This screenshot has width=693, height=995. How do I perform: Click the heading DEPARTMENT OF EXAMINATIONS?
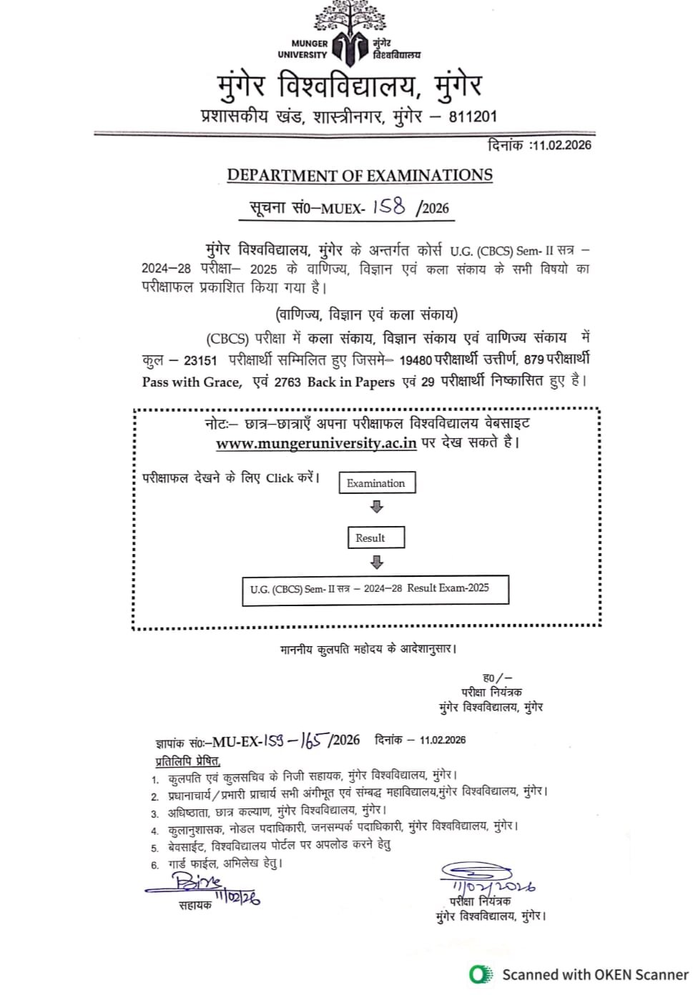[x=360, y=175]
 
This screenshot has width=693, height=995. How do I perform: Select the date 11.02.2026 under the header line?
[x=561, y=145]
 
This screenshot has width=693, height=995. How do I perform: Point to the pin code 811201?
[x=473, y=117]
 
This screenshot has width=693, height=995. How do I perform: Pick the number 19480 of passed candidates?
[x=416, y=360]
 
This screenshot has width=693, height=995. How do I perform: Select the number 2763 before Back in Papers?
[x=287, y=382]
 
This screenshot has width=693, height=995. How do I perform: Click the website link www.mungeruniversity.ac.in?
[x=316, y=443]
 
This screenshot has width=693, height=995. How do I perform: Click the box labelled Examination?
[x=376, y=483]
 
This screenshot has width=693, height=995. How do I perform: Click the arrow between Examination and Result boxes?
[x=377, y=507]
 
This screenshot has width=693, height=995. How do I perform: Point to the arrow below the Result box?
[x=377, y=561]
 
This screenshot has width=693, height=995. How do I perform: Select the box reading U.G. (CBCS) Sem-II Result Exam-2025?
[x=375, y=590]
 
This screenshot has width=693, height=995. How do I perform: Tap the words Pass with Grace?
[x=192, y=382]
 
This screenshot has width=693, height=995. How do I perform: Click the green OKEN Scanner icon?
[x=481, y=974]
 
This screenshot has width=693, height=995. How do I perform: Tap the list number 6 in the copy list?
[x=155, y=865]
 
